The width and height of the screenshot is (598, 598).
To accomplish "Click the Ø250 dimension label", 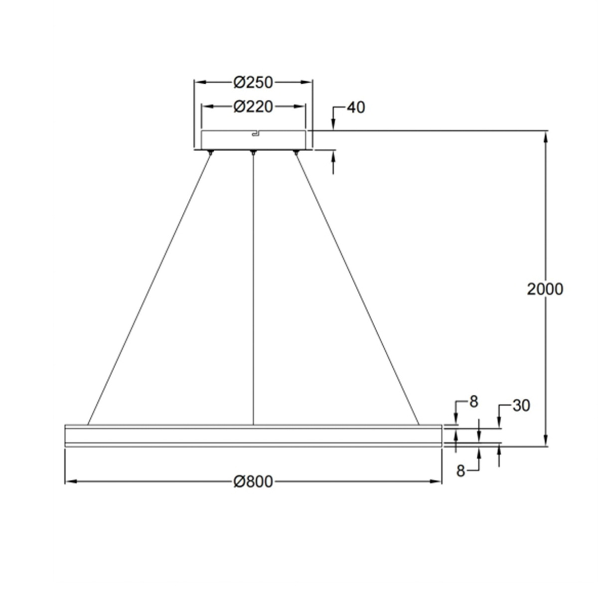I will pyautogui.click(x=253, y=82).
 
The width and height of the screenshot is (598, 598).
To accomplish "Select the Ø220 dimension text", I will pyautogui.click(x=253, y=107).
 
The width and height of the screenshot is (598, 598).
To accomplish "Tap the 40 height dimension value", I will pyautogui.click(x=356, y=107).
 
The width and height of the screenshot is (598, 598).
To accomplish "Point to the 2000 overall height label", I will pyautogui.click(x=545, y=289).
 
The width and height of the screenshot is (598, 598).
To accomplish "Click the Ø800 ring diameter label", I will pyautogui.click(x=253, y=481).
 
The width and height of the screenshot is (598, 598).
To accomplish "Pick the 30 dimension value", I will pyautogui.click(x=521, y=406).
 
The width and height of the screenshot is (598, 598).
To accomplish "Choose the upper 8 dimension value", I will pyautogui.click(x=473, y=402).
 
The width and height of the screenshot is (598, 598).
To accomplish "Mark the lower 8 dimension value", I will pyautogui.click(x=461, y=470).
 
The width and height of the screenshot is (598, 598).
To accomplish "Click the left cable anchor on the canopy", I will pyautogui.click(x=210, y=152).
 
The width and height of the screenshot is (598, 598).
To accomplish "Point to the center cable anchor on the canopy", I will pyautogui.click(x=253, y=152).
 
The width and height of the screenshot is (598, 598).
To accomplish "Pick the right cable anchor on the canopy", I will pyautogui.click(x=296, y=152).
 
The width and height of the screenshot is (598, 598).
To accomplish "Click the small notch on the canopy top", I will pyautogui.click(x=255, y=133).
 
